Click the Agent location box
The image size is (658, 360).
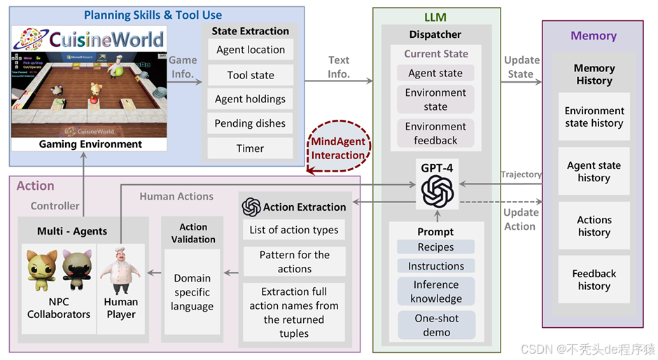tap(251, 50)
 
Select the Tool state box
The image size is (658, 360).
tap(251, 75)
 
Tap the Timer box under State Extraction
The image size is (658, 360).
tap(251, 148)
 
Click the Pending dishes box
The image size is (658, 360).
tap(251, 124)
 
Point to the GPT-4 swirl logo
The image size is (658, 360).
tap(437, 188)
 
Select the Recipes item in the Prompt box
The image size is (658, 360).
tap(435, 247)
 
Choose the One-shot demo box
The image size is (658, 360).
tap(435, 324)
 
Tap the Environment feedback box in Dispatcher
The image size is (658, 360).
tap(435, 133)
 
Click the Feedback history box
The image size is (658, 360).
tap(594, 279)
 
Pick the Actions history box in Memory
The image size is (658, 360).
tap(594, 226)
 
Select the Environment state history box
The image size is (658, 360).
tap(594, 117)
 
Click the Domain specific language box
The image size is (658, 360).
tap(192, 292)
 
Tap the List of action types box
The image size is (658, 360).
tap(294, 230)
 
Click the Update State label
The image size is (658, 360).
tap(521, 67)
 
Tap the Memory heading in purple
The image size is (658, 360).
tap(594, 36)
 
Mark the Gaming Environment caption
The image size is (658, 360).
tap(90, 144)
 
